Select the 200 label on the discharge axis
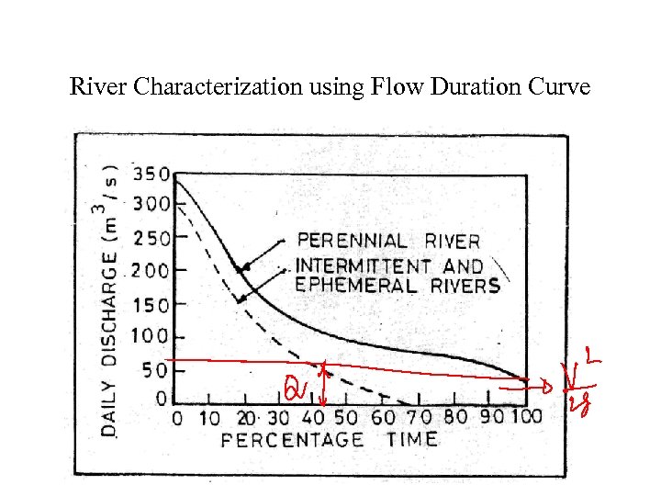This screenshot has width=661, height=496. coord(150,271)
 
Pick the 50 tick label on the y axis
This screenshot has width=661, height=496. coord(158,370)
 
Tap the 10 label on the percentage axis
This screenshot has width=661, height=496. coord(211,418)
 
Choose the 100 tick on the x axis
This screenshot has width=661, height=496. coord(526,417)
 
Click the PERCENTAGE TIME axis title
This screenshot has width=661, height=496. coord(330,439)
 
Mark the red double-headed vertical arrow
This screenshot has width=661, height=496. coord(322,384)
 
